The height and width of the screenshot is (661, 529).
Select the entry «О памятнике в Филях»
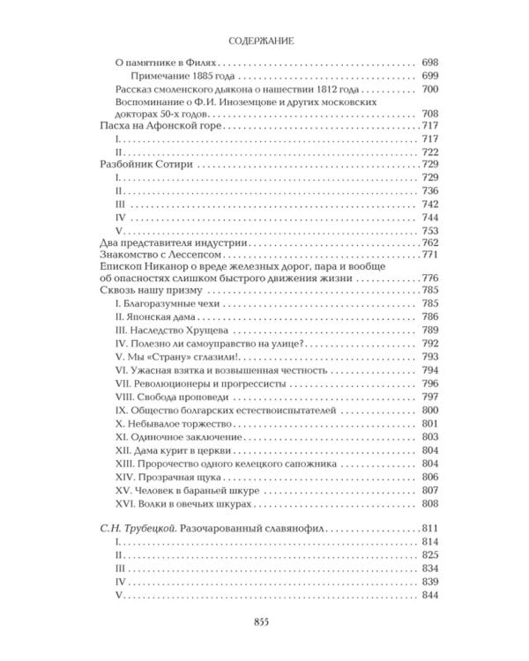tap(167, 64)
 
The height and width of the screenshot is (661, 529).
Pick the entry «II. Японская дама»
tap(154, 316)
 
